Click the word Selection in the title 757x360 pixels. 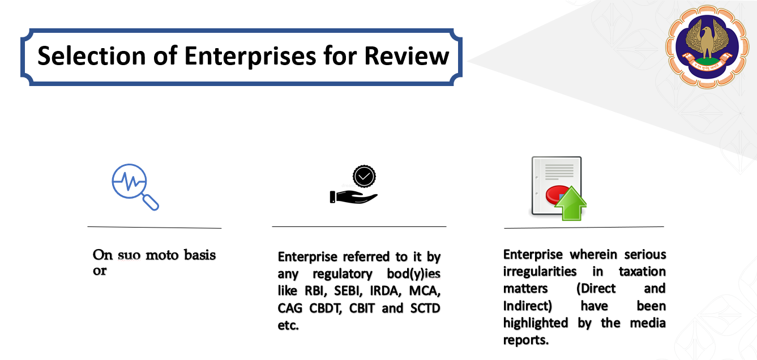click(x=91, y=55)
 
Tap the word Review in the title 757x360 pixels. click(x=407, y=55)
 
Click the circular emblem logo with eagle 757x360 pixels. click(x=707, y=46)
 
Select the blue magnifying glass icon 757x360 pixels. click(x=135, y=187)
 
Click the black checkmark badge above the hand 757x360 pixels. click(x=364, y=176)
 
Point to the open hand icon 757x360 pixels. click(x=353, y=197)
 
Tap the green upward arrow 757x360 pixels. click(x=571, y=203)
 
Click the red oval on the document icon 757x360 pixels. click(x=556, y=195)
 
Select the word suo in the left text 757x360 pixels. click(x=129, y=255)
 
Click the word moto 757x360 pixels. click(x=162, y=255)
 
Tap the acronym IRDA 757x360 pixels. click(x=385, y=291)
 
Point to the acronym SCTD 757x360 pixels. click(x=425, y=308)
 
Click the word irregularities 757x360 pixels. click(x=540, y=272)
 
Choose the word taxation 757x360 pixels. click(x=642, y=272)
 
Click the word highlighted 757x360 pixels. click(x=535, y=323)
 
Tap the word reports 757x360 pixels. click(x=525, y=340)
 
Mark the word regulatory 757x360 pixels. click(x=343, y=274)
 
